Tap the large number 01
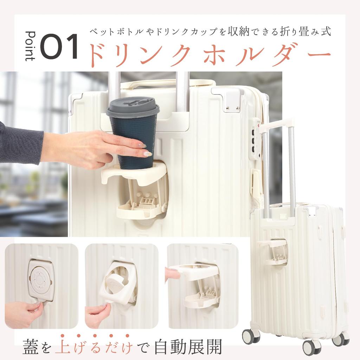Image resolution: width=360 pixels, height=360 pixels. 59,46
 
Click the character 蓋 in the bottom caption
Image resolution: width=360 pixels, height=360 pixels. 31,347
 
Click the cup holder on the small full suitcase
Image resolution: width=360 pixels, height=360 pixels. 274,252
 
